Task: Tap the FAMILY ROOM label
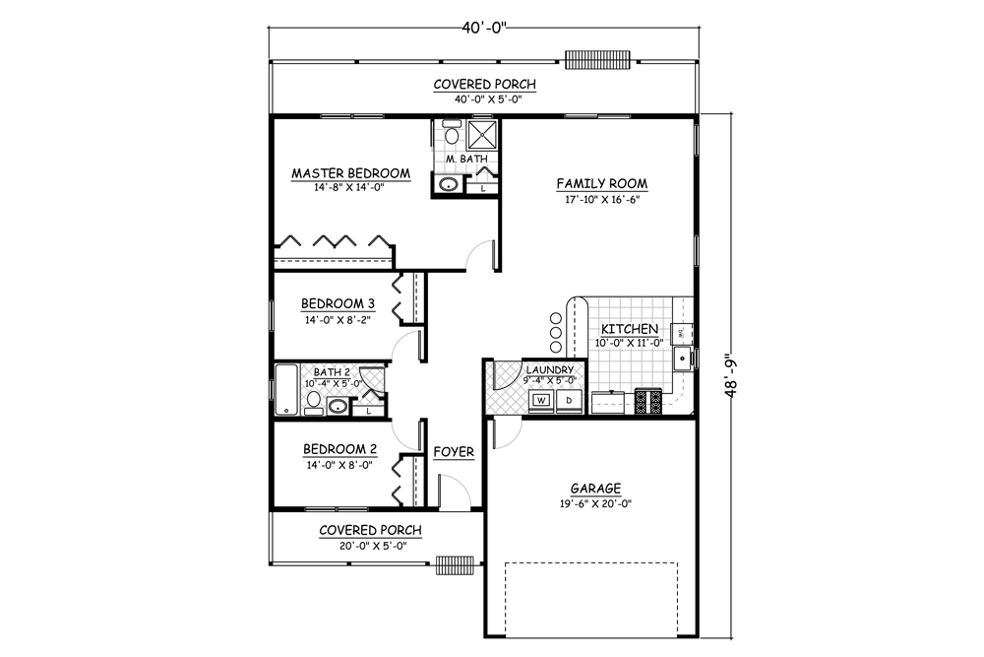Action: pyautogui.click(x=601, y=184)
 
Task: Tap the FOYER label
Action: pyautogui.click(x=454, y=452)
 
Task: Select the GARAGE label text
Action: pyautogui.click(x=594, y=489)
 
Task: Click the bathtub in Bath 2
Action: pyautogui.click(x=285, y=390)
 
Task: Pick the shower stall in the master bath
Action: pyautogui.click(x=482, y=134)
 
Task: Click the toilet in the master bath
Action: pyautogui.click(x=451, y=134)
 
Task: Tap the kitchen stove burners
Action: pyautogui.click(x=649, y=401)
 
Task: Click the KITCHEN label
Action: pyautogui.click(x=630, y=329)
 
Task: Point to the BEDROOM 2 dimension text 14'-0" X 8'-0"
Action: pyautogui.click(x=338, y=466)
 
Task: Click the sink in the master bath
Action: pyautogui.click(x=449, y=184)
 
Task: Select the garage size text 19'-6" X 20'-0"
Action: pyautogui.click(x=594, y=504)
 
